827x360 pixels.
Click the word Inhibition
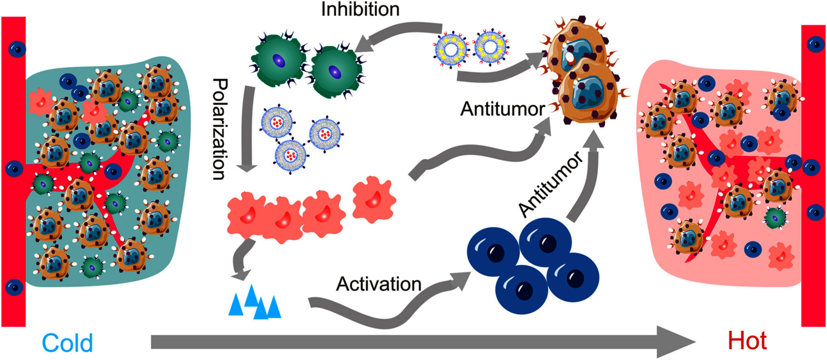coord(361,9)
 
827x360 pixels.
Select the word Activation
coord(379,284)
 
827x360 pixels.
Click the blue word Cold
coord(67,343)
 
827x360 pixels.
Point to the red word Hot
coord(747,341)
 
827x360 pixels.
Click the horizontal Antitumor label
coord(502,109)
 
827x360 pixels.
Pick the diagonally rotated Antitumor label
coord(551,185)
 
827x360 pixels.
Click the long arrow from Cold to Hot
coord(423,342)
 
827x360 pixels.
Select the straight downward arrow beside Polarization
coord(247,129)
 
